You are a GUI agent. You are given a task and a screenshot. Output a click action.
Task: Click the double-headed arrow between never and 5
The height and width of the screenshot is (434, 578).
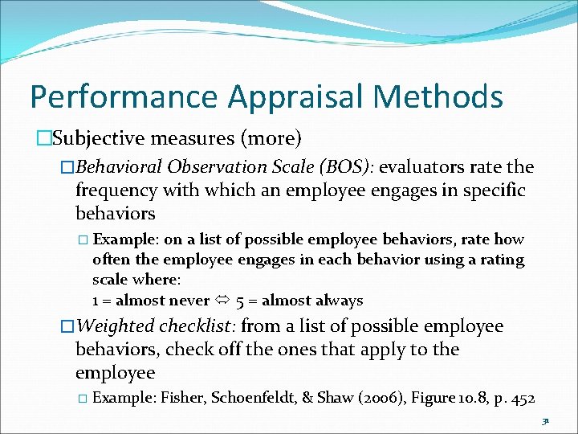click(221, 301)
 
